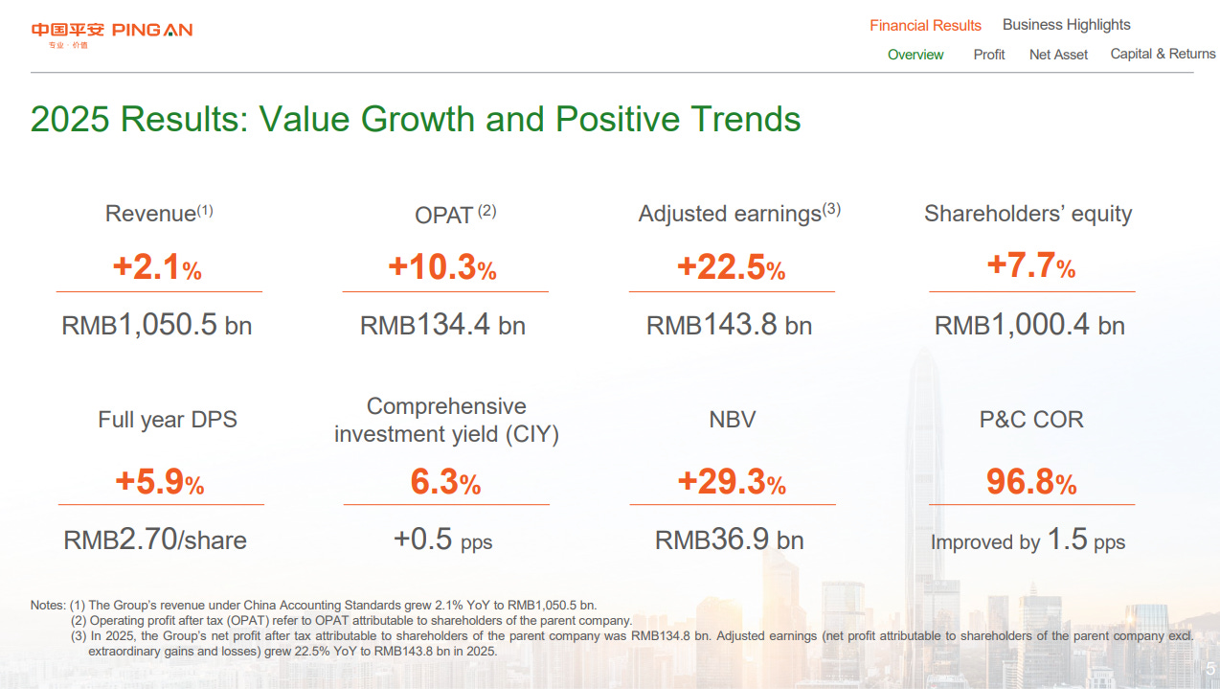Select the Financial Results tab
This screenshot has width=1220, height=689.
[925, 26]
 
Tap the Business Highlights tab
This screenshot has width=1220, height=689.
[1066, 25]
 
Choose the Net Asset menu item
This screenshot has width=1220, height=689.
[1058, 55]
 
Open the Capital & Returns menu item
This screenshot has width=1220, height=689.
[1163, 54]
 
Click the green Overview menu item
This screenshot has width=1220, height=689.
[915, 55]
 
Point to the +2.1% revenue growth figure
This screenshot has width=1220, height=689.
[157, 267]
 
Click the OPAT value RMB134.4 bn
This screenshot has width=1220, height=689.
[442, 325]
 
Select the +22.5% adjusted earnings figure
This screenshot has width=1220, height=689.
[731, 267]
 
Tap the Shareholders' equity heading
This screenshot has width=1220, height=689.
[1028, 214]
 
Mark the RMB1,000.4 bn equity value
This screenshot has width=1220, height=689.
[1029, 325]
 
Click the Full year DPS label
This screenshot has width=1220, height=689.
[168, 419]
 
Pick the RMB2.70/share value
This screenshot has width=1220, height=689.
[155, 540]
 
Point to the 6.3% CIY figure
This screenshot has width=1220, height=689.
[445, 482]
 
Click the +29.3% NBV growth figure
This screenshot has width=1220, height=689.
[732, 482]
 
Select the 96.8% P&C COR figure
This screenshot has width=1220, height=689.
[1031, 482]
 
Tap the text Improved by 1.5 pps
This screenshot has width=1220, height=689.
[1028, 540]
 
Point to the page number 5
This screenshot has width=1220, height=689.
[1209, 669]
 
